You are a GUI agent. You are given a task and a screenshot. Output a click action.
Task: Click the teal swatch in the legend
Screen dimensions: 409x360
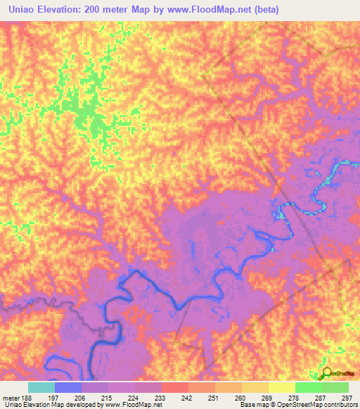point(41,387)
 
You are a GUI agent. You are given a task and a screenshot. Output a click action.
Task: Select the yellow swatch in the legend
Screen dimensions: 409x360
point(281,387)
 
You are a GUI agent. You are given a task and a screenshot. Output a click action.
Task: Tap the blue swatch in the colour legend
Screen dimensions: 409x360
point(68,387)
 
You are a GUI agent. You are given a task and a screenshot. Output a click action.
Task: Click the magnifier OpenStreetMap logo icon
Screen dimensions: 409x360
point(326,373)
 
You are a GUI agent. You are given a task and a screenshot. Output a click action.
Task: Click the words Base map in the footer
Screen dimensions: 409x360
point(252,405)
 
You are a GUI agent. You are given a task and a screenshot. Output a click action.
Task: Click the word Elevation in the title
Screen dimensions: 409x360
point(68,10)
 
